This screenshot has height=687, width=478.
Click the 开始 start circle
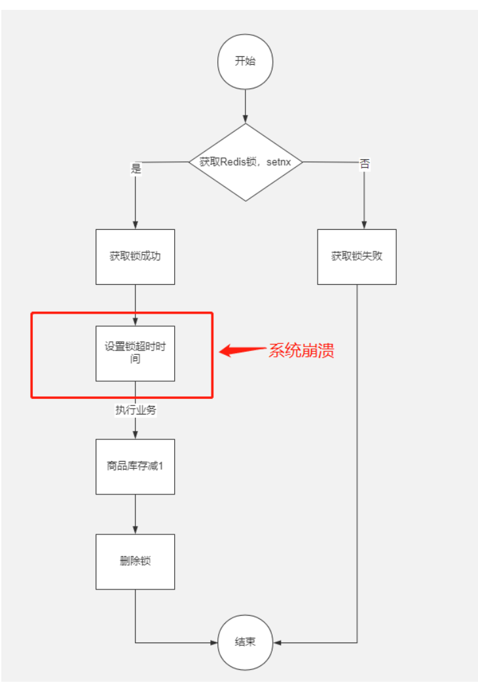pos(245,62)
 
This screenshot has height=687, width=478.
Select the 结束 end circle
pos(245,642)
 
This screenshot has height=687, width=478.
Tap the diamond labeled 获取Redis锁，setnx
pos(246,162)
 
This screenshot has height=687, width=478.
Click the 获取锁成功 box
pos(135,257)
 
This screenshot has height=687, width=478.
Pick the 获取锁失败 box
pos(357,257)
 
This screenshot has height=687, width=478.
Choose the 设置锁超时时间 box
pos(135,354)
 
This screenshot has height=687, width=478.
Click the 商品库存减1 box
pos(135,466)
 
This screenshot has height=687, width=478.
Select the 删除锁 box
pos(135,562)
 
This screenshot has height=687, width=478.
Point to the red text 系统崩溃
pos(301,350)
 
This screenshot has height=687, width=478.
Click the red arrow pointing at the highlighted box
pos(242,350)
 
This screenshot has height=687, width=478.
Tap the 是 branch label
pos(136,168)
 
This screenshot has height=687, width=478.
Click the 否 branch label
pos(365,164)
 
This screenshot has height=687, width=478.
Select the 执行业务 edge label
pos(136,410)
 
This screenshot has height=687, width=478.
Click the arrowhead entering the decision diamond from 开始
pos(246,119)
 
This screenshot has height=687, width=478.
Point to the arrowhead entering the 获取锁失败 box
pos(364,225)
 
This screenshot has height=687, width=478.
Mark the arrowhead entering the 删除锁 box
pos(135,530)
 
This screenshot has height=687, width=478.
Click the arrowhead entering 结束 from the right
pos(278,642)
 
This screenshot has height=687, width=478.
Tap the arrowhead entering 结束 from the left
pos(213,642)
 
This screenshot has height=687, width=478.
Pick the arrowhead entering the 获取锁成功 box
pos(135,225)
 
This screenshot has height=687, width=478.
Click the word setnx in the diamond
pos(279,162)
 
